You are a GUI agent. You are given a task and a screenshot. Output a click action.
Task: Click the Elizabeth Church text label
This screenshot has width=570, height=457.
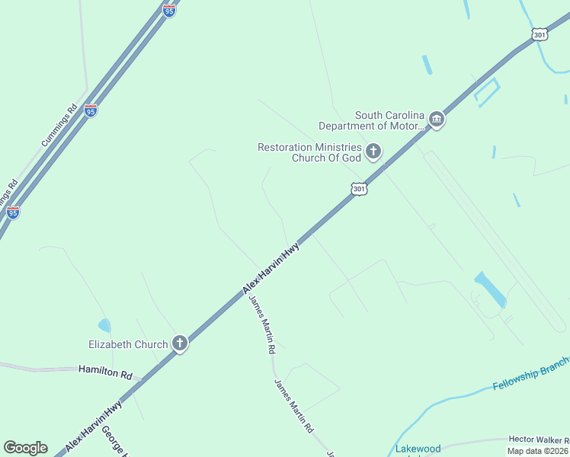pos(129,344)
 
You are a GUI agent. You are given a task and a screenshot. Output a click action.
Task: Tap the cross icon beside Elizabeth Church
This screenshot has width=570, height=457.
pos(180,344)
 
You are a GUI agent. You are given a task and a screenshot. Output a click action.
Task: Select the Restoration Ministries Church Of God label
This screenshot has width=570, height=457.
pos(309,152)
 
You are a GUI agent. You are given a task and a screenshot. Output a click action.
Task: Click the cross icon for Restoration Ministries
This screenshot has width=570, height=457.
pos(373,152)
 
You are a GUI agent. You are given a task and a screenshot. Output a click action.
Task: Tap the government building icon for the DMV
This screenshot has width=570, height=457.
pos(437,119)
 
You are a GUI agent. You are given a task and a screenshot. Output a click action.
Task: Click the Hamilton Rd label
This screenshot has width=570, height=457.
pos(105,374)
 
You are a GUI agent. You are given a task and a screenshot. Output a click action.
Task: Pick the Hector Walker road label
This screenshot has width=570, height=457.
pos(538,440)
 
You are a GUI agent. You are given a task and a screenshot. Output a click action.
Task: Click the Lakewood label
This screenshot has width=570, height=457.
pos(418,449)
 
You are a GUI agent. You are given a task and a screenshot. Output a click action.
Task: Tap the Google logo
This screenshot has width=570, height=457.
pos(25,448)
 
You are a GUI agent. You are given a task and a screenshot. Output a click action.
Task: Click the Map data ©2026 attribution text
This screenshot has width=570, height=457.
pos(538,451)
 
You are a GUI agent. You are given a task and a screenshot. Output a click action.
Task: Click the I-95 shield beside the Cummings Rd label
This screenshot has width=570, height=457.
pos(91,111)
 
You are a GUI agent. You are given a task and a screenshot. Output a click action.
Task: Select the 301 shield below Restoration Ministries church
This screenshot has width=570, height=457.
pos(359,188)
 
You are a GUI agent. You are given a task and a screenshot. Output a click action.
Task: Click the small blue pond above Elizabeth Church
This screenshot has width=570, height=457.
pos(104,325)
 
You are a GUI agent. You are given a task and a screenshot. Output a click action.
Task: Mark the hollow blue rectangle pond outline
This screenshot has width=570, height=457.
pos(485,91)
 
